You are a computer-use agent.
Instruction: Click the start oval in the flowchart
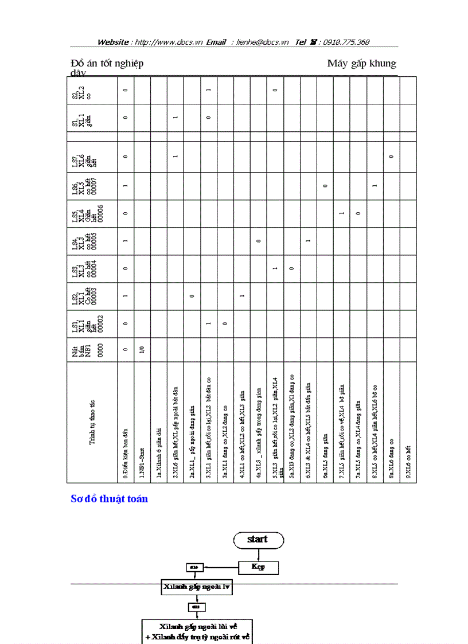258,540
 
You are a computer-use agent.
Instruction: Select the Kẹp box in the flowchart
258,567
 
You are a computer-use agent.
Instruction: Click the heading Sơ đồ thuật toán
109,499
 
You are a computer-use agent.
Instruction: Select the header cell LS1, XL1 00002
92,323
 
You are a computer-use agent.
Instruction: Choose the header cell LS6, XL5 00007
92,186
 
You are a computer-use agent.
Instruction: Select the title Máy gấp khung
361,63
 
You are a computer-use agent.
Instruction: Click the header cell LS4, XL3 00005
92,241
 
